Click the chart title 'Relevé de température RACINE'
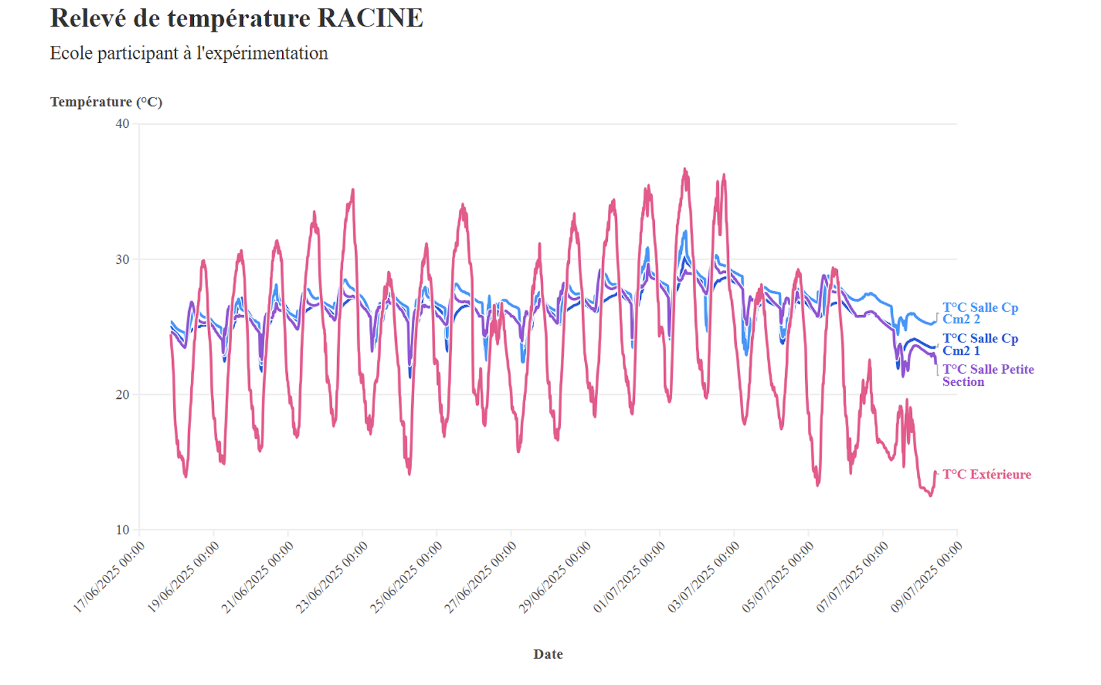tap(236, 18)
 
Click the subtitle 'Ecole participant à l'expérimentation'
tap(189, 53)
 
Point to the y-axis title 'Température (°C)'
tap(106, 102)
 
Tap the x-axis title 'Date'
tap(548, 654)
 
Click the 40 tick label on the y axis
tap(122, 124)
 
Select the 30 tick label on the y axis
tap(122, 259)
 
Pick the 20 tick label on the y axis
tap(122, 394)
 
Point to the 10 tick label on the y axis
tap(122, 530)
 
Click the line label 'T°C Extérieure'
tap(986, 474)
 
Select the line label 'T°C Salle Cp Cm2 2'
tap(980, 314)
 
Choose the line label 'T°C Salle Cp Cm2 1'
tap(980, 345)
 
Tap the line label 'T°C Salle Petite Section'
tap(987, 375)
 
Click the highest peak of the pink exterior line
tap(685, 170)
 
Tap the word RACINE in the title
tap(370, 18)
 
